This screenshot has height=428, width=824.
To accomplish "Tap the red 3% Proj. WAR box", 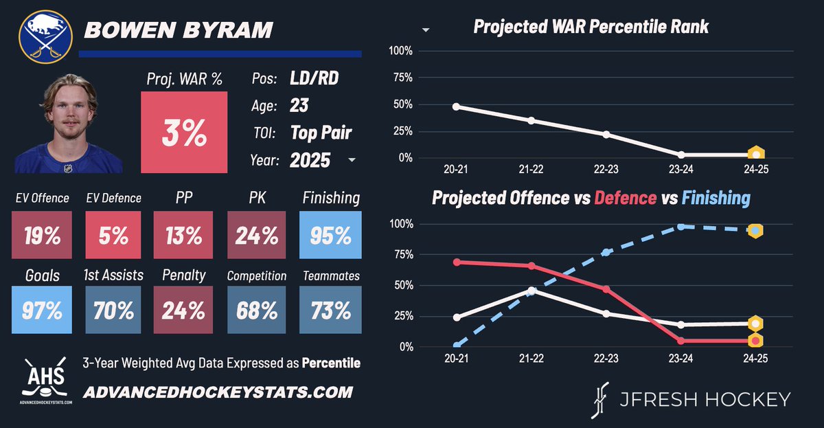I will coord(184,133).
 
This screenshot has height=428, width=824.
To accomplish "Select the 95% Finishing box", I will coord(331,236).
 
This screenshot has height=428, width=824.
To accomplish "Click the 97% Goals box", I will coord(42,311).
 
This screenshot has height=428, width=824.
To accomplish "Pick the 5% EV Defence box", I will coord(113,236).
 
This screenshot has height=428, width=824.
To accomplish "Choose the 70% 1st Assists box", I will coord(113,311).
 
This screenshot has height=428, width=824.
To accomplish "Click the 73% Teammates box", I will coord(331,311).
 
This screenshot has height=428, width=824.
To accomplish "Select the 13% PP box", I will coord(184,236).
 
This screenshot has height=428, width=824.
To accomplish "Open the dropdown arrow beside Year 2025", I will coord(352,160).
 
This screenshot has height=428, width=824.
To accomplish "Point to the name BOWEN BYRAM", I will coord(177,30).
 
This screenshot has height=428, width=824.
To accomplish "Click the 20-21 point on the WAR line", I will coord(456,106).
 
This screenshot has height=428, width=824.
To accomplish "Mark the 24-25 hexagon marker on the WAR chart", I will coord(755,155).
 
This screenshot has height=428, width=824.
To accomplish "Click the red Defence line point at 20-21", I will coord(456,262).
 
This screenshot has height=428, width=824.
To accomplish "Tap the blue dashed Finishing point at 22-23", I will coord(606,252).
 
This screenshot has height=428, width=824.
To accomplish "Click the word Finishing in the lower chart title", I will coord(716,199).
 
